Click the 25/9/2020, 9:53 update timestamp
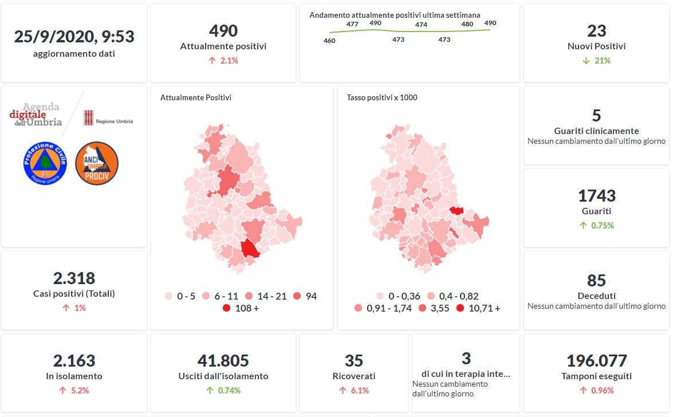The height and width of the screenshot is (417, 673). (74, 37)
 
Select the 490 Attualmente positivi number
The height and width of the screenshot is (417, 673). (223, 30)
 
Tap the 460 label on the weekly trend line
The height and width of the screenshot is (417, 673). (329, 41)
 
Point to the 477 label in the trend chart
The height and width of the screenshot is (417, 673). (352, 24)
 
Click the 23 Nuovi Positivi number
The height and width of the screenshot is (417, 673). (596, 30)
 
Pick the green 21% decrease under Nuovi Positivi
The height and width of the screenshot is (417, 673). (596, 60)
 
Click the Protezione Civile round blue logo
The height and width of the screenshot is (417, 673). (46, 163)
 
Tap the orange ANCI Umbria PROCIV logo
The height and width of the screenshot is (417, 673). (96, 163)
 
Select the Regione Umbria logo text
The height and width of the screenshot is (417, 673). (114, 121)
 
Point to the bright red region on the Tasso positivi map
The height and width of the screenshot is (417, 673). (456, 210)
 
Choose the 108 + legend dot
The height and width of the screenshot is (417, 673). (227, 308)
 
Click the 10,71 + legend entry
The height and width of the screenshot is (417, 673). (478, 308)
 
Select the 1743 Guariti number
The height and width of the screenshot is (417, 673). (596, 196)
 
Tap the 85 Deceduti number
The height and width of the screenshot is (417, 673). (596, 280)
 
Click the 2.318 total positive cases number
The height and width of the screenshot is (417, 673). (74, 278)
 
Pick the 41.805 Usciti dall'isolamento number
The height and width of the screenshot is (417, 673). (223, 361)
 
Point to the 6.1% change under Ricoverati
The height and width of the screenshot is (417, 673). (354, 391)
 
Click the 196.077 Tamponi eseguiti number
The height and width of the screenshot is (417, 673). (596, 361)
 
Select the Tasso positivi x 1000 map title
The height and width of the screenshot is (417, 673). (382, 97)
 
